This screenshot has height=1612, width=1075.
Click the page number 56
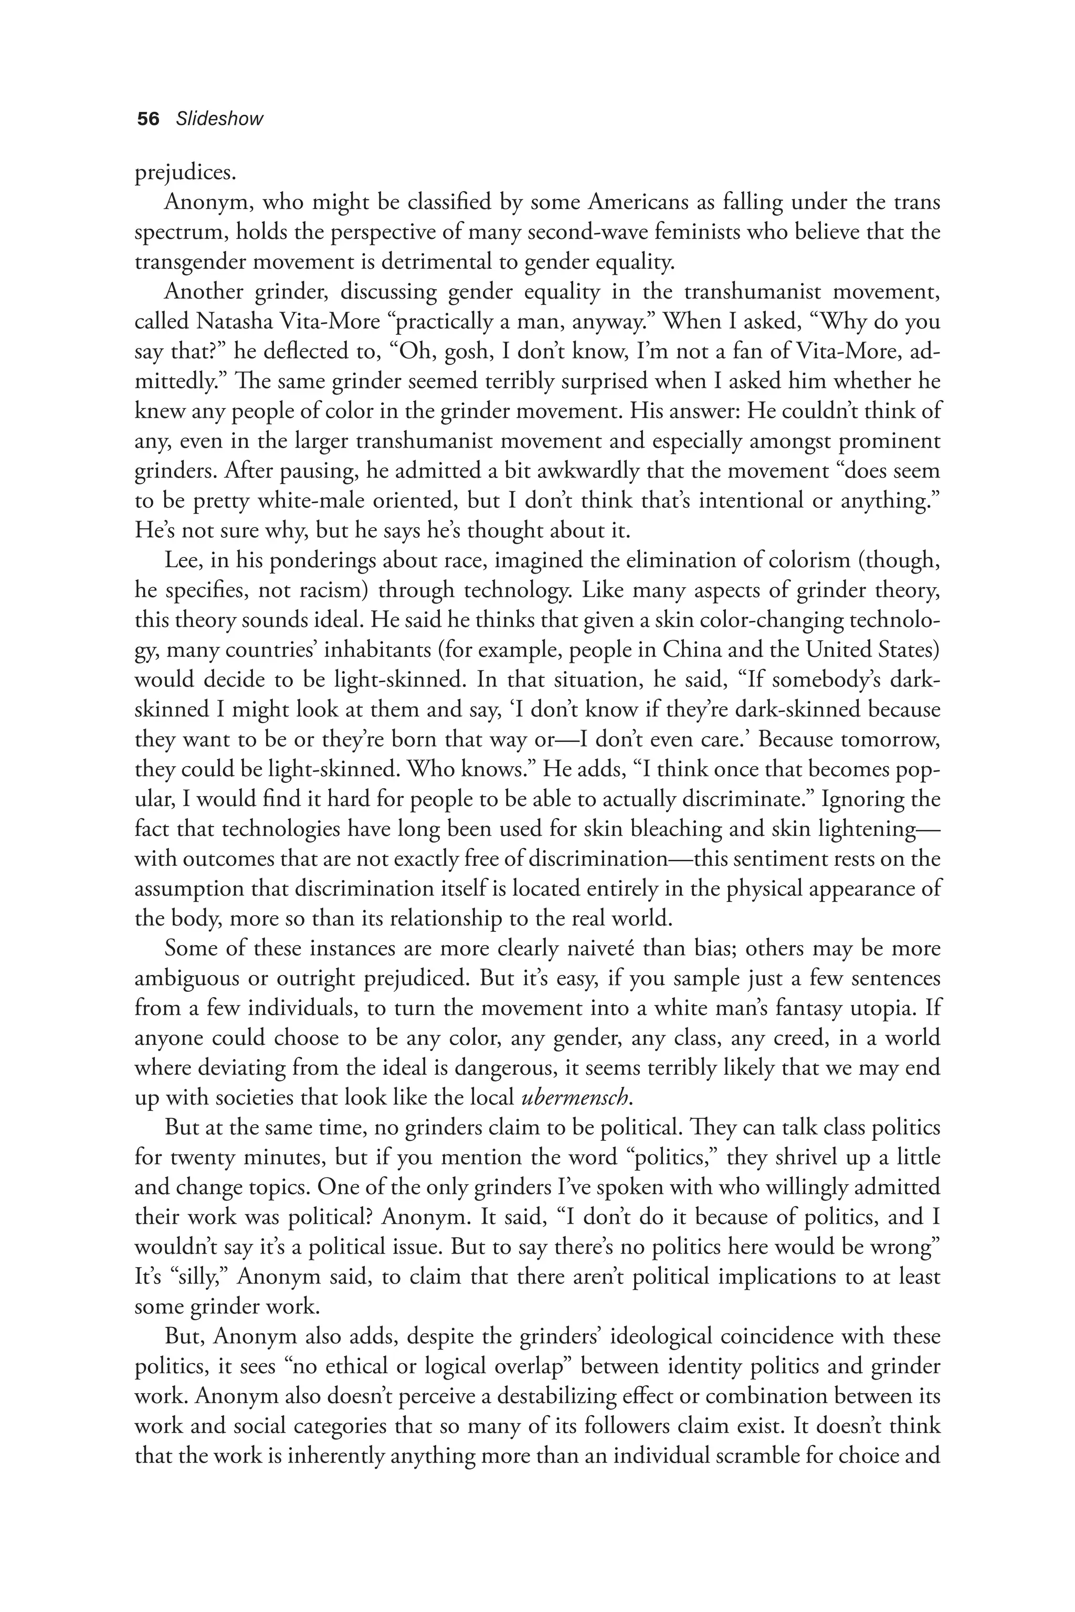tap(148, 119)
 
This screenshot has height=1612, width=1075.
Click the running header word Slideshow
tap(219, 119)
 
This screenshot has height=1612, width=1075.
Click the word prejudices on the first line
tap(186, 173)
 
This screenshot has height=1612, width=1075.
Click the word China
tap(690, 650)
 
